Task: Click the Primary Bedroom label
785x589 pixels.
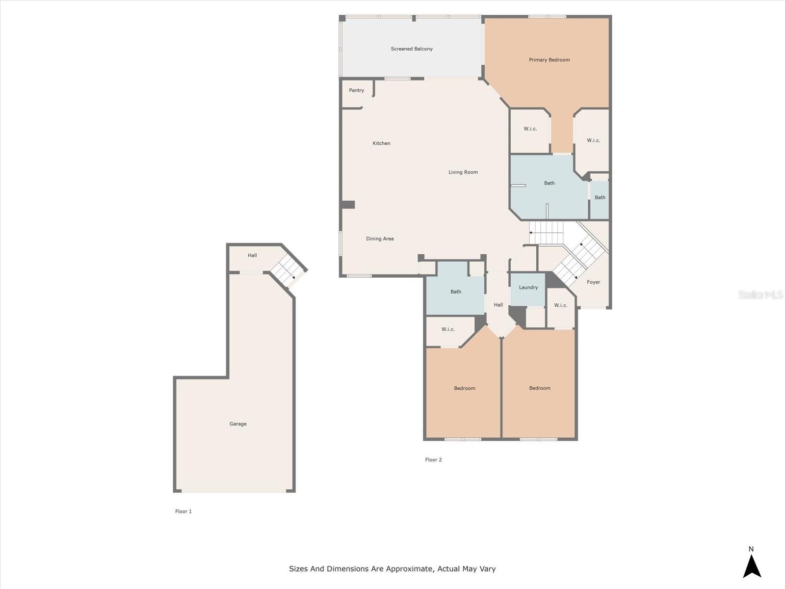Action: tap(549, 60)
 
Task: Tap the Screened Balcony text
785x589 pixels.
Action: tap(412, 49)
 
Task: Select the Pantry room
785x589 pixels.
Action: tap(357, 91)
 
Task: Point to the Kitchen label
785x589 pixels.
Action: tap(381, 143)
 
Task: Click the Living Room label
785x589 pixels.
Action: tap(463, 172)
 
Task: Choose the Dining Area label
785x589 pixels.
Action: tap(380, 239)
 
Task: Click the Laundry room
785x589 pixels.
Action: tap(528, 288)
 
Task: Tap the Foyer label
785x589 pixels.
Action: tap(593, 282)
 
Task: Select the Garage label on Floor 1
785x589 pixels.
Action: tap(238, 424)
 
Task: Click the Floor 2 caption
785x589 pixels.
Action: tap(433, 460)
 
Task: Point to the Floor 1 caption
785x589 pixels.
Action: tap(183, 511)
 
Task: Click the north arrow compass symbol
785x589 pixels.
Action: tap(752, 565)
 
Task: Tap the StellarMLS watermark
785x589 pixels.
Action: tap(760, 295)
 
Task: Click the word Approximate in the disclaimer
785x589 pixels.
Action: tap(409, 569)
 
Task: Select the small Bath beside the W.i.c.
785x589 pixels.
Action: tap(600, 198)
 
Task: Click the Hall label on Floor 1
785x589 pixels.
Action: tap(252, 256)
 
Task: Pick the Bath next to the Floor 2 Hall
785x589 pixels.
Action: tap(455, 292)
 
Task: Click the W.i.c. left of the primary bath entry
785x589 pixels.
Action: tap(530, 129)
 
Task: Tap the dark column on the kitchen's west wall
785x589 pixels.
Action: tap(348, 205)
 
